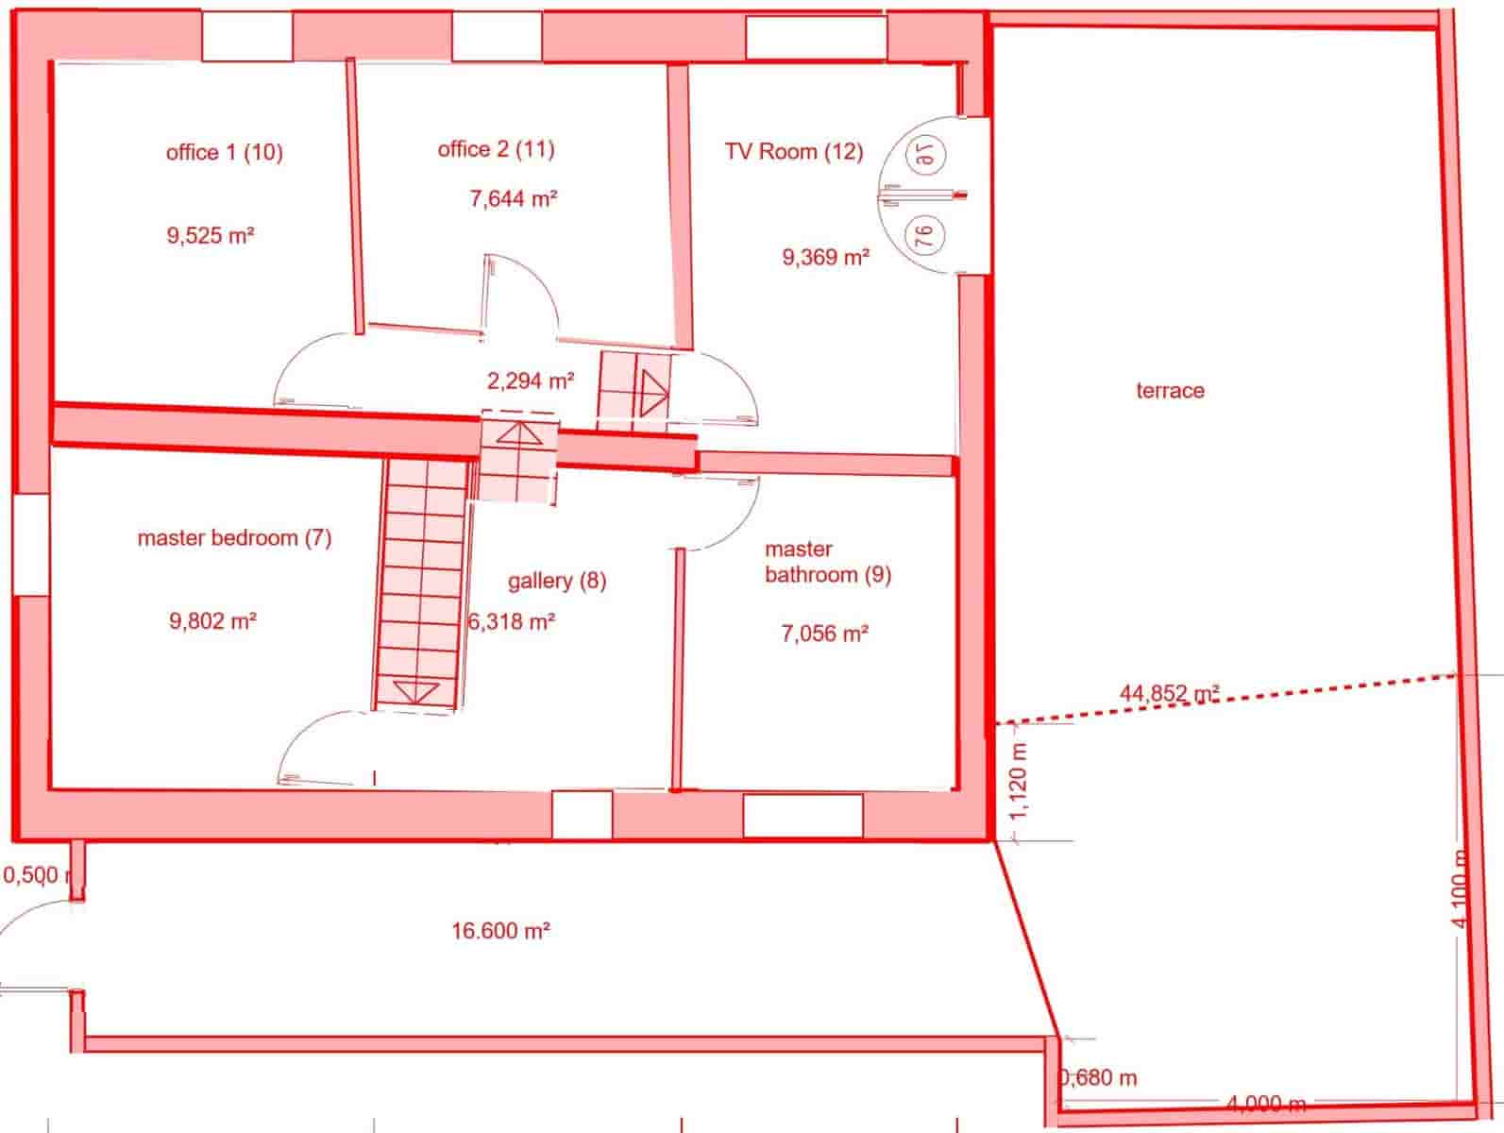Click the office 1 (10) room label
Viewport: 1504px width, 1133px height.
pyautogui.click(x=224, y=152)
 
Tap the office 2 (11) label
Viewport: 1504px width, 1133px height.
pyautogui.click(x=496, y=149)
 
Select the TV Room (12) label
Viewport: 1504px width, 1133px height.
pyautogui.click(x=793, y=151)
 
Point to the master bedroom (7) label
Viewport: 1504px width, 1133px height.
pyautogui.click(x=234, y=538)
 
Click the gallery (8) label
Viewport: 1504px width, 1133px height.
pyautogui.click(x=556, y=581)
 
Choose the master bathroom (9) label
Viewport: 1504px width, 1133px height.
pyautogui.click(x=827, y=562)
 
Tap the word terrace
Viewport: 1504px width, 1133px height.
pyautogui.click(x=1170, y=391)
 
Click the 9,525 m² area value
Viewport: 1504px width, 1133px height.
pyautogui.click(x=211, y=236)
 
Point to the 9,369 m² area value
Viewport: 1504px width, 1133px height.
pyautogui.click(x=825, y=256)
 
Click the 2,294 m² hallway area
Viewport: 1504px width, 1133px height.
pyautogui.click(x=531, y=381)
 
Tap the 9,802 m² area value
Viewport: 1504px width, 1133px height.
pyautogui.click(x=213, y=621)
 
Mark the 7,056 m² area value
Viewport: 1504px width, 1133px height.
pyautogui.click(x=824, y=634)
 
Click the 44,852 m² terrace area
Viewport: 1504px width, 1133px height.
pyautogui.click(x=1169, y=694)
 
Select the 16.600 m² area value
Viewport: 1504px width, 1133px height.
pyautogui.click(x=500, y=931)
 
